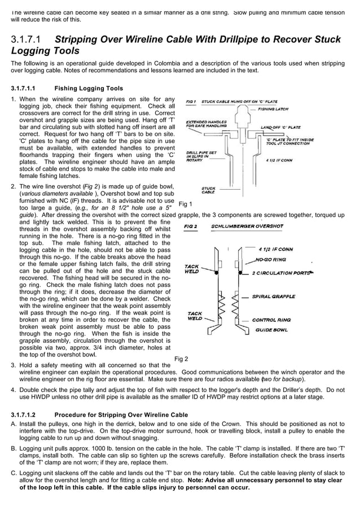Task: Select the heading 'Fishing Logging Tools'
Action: point(88,89)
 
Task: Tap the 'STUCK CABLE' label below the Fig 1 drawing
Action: point(208,190)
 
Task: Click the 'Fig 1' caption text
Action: point(185,204)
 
